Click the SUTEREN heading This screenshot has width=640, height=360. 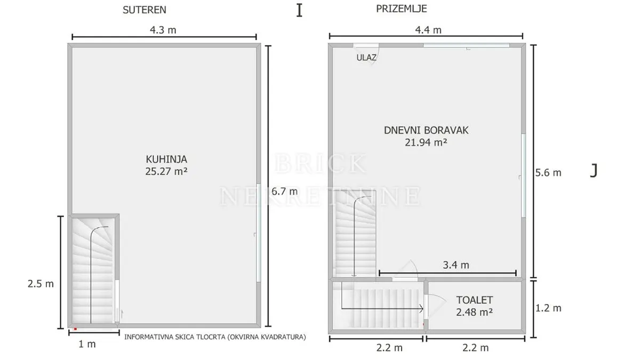coord(145,10)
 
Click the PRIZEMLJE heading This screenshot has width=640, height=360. coord(401,9)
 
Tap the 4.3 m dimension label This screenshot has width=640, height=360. coord(163,30)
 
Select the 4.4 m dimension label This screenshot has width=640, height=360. coord(428,30)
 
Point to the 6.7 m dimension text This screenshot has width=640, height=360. coord(285,191)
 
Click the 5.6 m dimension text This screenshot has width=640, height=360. coord(548,173)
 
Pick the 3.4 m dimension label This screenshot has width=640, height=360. coord(456,265)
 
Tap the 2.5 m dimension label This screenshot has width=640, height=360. coord(41,284)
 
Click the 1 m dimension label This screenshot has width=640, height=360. coord(87,345)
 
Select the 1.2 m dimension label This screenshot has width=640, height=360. coord(548,308)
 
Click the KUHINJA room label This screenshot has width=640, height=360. coord(166,159)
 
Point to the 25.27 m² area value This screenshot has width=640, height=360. coord(166,171)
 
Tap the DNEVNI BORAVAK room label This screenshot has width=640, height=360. coord(426,130)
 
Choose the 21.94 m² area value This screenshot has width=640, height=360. coord(426,142)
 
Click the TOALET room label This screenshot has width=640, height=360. coord(474,300)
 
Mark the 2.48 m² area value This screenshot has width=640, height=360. coord(474,312)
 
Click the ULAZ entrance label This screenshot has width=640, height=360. coord(366,58)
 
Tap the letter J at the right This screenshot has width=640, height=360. coord(594,171)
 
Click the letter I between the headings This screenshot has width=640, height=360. coord(299,11)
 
